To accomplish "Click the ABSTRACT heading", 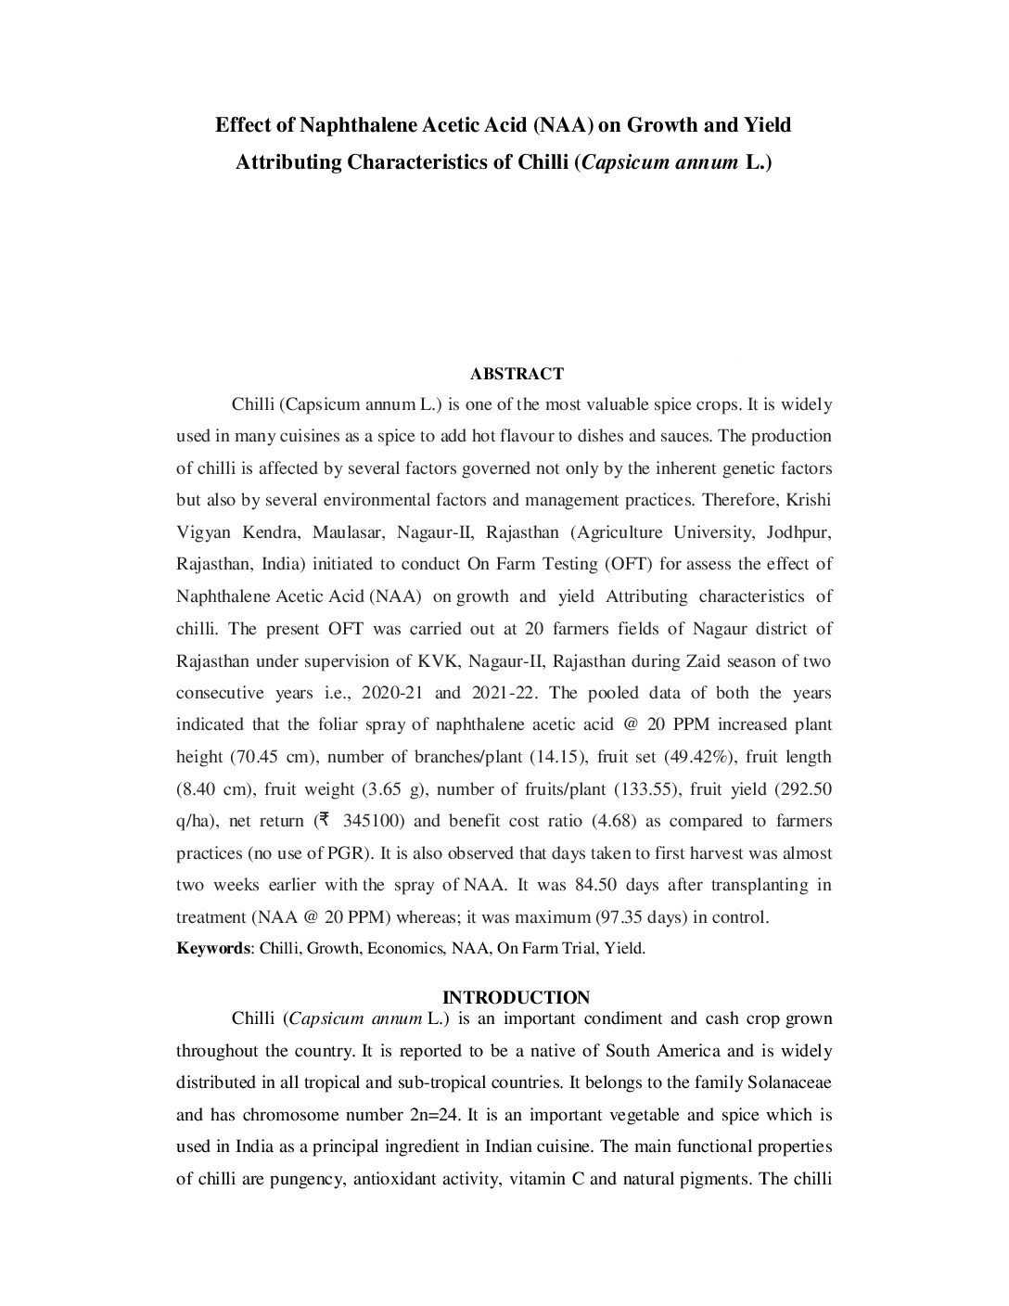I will (x=517, y=374).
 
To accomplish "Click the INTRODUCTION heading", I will (x=516, y=998).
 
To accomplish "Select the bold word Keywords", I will (x=212, y=949).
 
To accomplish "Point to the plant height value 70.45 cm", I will (x=269, y=757).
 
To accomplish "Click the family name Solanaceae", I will (x=791, y=1083).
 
